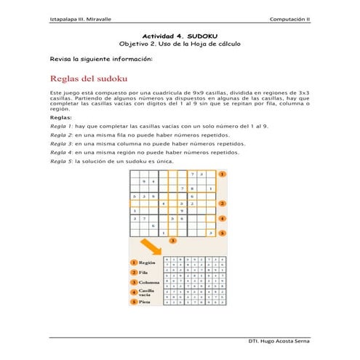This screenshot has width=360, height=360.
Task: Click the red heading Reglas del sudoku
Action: (89, 79)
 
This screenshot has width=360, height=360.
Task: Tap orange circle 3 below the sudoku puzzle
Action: (172, 240)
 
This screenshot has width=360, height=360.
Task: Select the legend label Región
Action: (148, 263)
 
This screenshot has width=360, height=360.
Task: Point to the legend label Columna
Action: (150, 281)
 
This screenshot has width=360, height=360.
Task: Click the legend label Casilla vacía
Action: (148, 292)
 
